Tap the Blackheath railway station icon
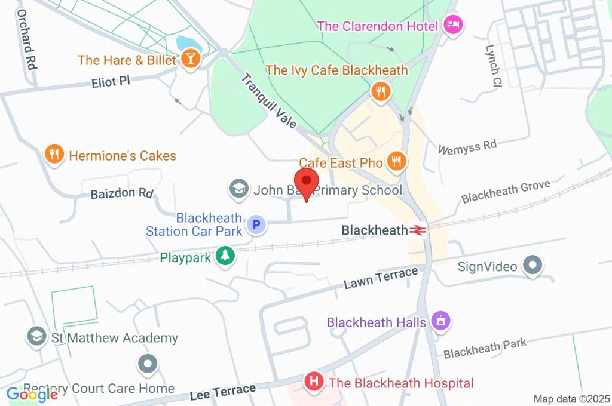tap(418, 230)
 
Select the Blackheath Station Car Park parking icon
tap(256, 225)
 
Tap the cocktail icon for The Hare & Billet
tap(191, 60)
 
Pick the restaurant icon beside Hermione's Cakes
tap(54, 155)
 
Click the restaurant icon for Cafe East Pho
tap(396, 161)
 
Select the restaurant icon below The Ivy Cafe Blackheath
tap(380, 92)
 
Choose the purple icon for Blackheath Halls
tap(440, 321)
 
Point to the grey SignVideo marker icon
tap(531, 265)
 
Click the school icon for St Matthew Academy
tap(37, 337)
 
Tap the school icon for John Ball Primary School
tap(239, 189)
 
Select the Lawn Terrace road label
tap(381, 278)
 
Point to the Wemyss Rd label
tap(467, 147)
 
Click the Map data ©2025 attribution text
tap(571, 399)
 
